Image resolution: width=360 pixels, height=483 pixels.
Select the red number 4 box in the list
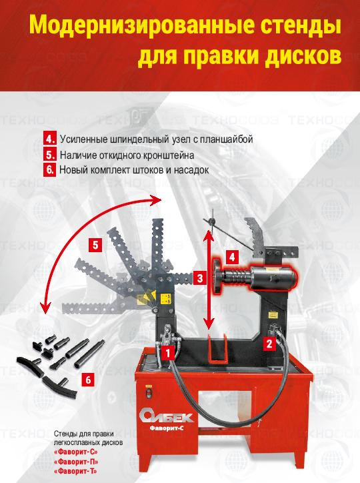pyautogui.click(x=50, y=139)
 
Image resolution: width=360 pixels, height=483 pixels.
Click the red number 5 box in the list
pyautogui.click(x=50, y=155)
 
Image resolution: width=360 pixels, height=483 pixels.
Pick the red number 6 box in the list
pyautogui.click(x=50, y=169)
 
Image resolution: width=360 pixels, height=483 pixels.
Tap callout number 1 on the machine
pyautogui.click(x=168, y=353)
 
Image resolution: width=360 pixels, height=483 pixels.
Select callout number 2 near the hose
pyautogui.click(x=269, y=344)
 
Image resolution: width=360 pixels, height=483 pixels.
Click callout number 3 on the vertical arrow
pyautogui.click(x=200, y=278)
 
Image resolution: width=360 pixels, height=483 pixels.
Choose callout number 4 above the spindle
pyautogui.click(x=232, y=257)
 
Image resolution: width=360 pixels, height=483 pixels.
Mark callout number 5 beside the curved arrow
pyautogui.click(x=95, y=246)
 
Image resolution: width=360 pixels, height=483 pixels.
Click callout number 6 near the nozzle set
pyautogui.click(x=88, y=380)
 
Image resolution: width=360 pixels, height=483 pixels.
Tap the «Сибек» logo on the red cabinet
pyautogui.click(x=166, y=416)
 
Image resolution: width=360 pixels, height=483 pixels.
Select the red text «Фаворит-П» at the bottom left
pyautogui.click(x=76, y=462)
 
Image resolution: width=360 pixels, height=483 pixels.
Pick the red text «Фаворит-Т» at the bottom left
pyautogui.click(x=76, y=471)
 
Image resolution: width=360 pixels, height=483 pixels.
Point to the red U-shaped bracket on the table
pyautogui.click(x=217, y=349)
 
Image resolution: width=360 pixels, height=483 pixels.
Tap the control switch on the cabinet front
pyautogui.click(x=149, y=394)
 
